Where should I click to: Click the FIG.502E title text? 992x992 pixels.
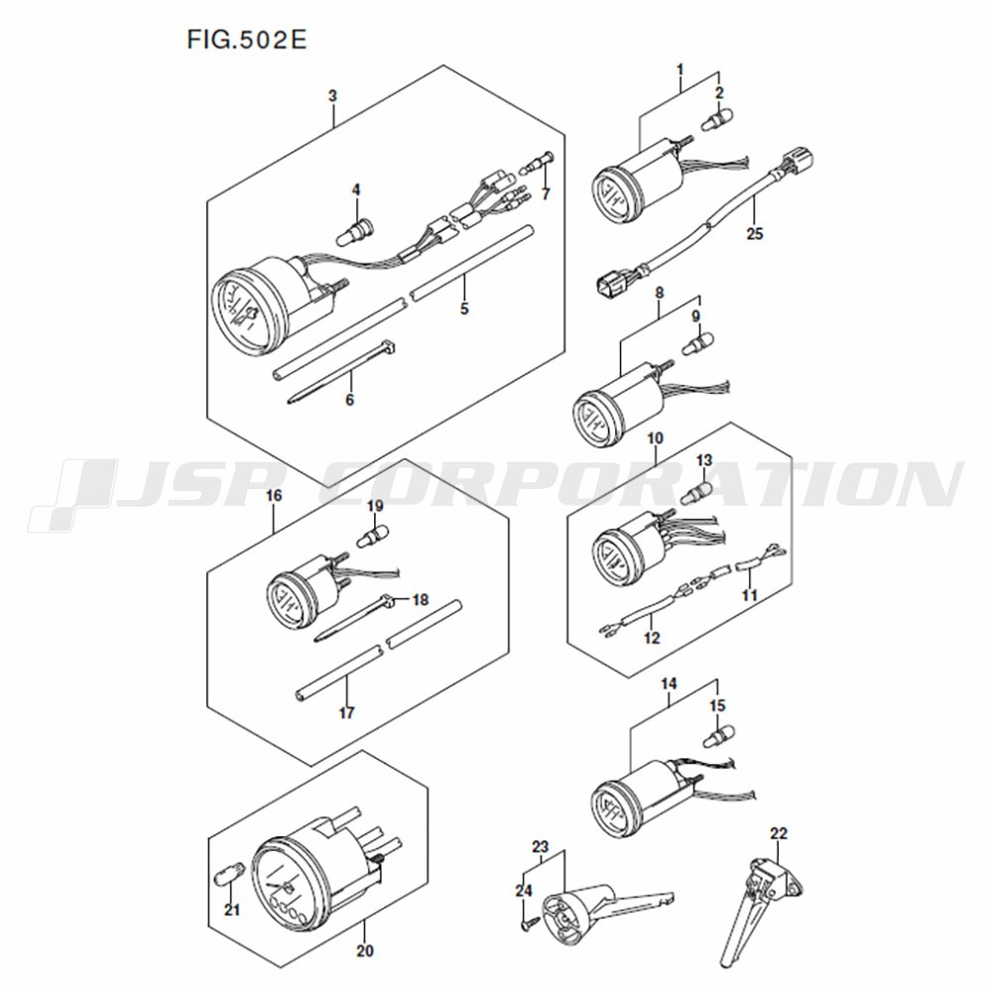(247, 40)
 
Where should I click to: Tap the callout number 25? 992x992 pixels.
(755, 233)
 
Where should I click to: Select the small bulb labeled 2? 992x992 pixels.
(718, 120)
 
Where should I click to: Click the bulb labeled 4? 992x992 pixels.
(355, 230)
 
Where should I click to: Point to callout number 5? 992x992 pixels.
(464, 309)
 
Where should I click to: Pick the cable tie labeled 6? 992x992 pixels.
(341, 372)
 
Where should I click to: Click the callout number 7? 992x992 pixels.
(546, 194)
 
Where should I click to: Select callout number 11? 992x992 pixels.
(750, 594)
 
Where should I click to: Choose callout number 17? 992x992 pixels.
(346, 712)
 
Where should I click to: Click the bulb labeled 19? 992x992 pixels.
(373, 537)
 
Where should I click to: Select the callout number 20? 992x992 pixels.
(365, 950)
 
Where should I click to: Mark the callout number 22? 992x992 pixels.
(778, 833)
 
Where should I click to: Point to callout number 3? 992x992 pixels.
(332, 96)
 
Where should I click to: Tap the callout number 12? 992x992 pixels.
(652, 638)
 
